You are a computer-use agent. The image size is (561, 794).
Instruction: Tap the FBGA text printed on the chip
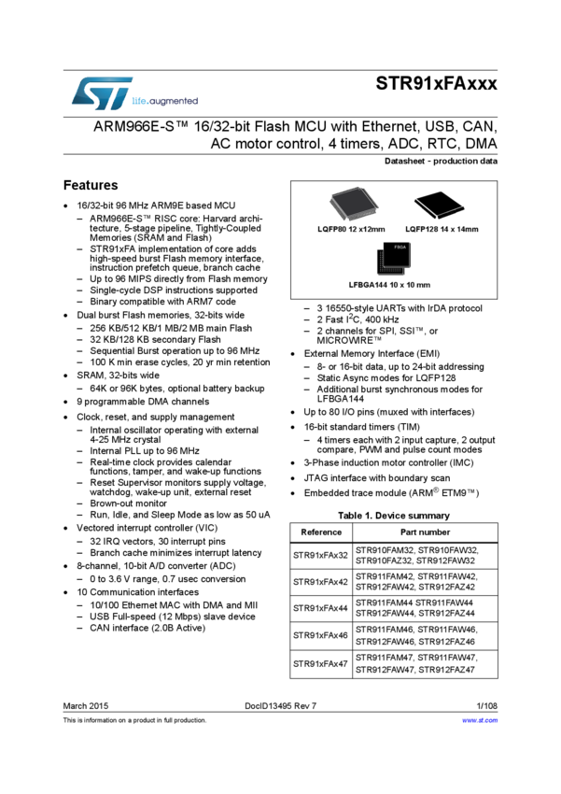click(x=400, y=248)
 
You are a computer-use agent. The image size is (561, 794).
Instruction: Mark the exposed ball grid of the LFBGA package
click(x=386, y=266)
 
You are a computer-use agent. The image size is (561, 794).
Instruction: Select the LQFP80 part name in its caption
click(x=331, y=230)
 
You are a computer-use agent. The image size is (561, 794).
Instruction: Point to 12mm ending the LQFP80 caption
click(x=372, y=230)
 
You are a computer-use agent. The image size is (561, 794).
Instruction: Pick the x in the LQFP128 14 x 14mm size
click(x=453, y=230)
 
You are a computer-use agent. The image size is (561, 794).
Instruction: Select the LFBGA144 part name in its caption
click(x=367, y=285)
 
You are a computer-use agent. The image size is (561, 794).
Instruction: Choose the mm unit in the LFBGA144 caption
click(x=425, y=285)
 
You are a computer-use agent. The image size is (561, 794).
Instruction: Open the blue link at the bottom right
click(x=480, y=720)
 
